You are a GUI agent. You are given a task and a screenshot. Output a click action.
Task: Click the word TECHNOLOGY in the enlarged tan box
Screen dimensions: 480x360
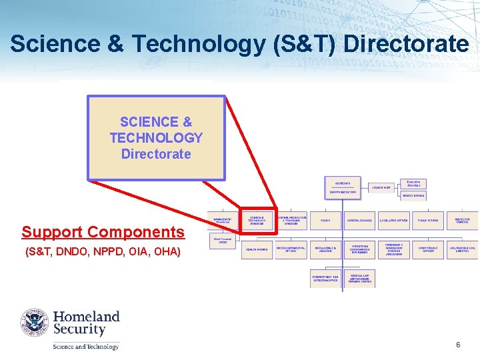156,138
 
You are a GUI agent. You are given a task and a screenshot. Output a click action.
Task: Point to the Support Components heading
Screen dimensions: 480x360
103,232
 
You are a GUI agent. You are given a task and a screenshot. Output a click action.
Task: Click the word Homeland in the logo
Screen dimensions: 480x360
86,316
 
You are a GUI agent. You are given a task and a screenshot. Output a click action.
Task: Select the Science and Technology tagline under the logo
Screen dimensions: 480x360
86,346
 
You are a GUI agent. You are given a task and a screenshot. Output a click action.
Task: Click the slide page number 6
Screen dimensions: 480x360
458,345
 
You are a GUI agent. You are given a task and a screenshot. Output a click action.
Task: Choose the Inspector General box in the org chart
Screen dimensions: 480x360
462,220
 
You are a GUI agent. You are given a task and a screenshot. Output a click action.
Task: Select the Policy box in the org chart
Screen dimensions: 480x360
325,220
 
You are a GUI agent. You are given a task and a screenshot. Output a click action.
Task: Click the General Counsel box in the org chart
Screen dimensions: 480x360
359,220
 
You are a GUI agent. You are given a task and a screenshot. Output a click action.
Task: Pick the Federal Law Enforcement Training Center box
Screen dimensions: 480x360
360,279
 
